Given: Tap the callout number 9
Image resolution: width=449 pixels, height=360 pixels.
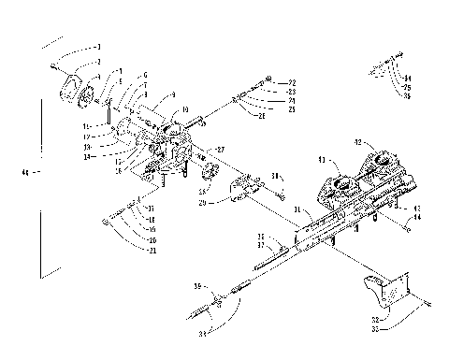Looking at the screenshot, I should (x=172, y=95).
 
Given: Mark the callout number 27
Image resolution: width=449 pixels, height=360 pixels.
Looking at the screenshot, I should (x=221, y=149).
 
